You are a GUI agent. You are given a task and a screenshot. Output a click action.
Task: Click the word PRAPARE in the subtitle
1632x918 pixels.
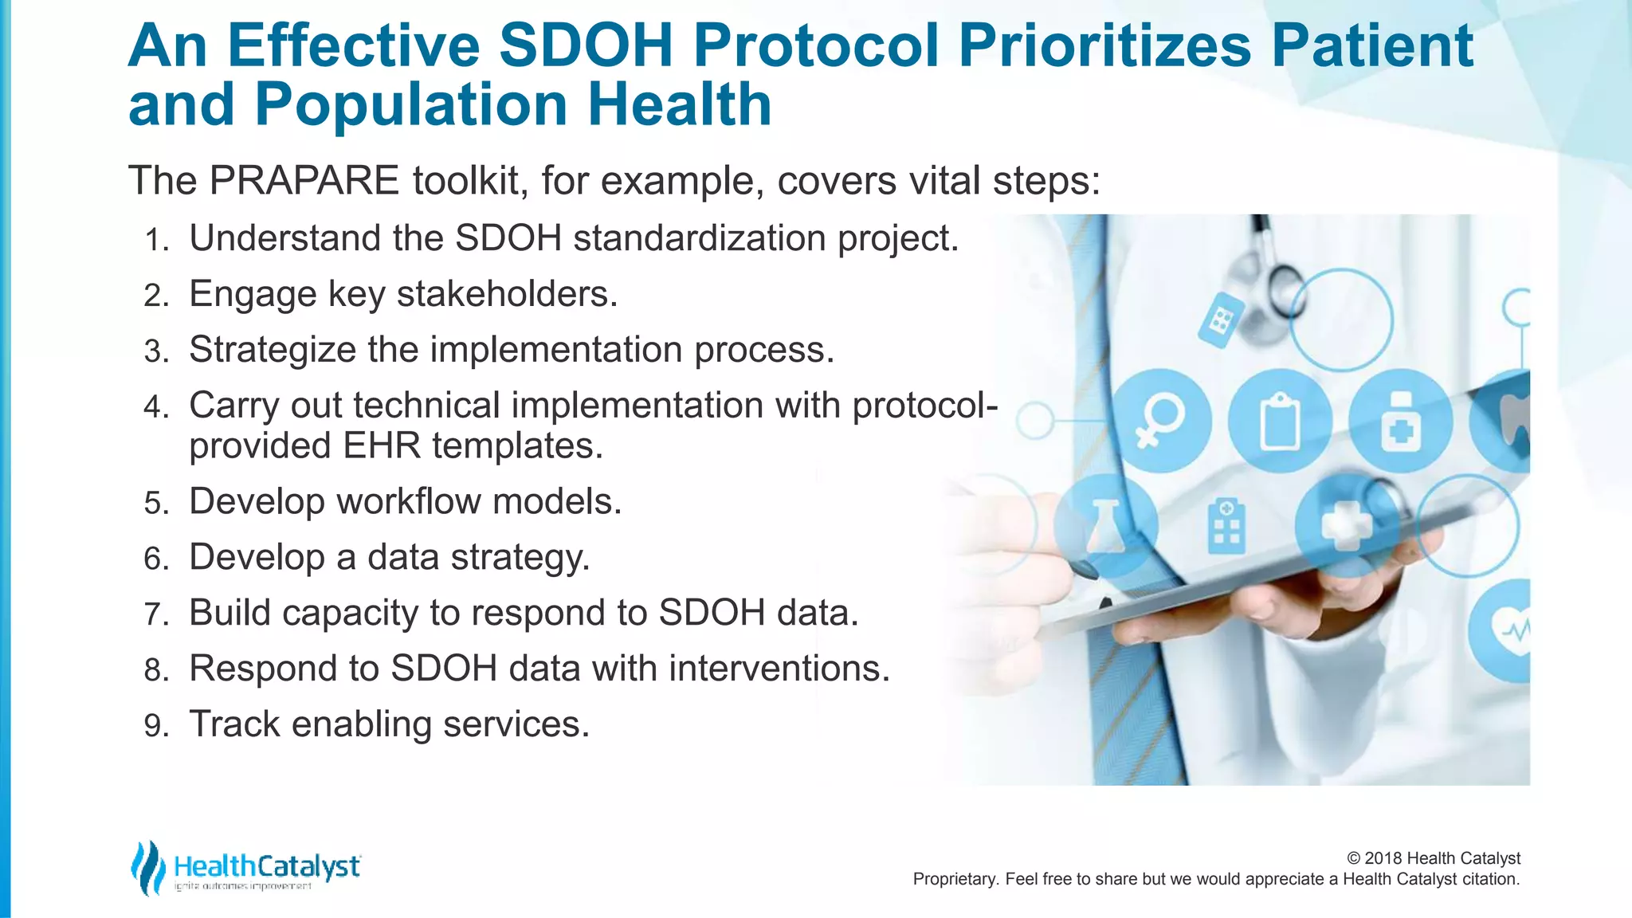304,180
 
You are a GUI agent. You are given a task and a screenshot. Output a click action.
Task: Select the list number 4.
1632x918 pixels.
155,407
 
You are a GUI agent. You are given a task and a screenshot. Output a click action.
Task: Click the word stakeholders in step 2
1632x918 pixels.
507,294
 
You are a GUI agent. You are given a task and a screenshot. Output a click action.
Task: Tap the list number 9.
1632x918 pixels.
155,726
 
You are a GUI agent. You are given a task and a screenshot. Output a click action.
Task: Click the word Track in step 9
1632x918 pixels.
234,724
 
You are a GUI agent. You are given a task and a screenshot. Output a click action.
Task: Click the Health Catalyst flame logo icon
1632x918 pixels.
147,867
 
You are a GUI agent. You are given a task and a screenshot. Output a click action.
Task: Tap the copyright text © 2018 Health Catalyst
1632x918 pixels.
1433,858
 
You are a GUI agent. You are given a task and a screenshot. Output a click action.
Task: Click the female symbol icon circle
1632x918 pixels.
1160,420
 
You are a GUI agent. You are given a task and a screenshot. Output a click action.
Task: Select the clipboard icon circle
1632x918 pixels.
1280,420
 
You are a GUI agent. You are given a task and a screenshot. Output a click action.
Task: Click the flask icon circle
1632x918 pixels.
1106,524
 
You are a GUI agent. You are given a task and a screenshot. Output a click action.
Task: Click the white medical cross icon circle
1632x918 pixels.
1346,524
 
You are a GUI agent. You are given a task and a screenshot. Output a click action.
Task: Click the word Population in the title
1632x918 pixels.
410,105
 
